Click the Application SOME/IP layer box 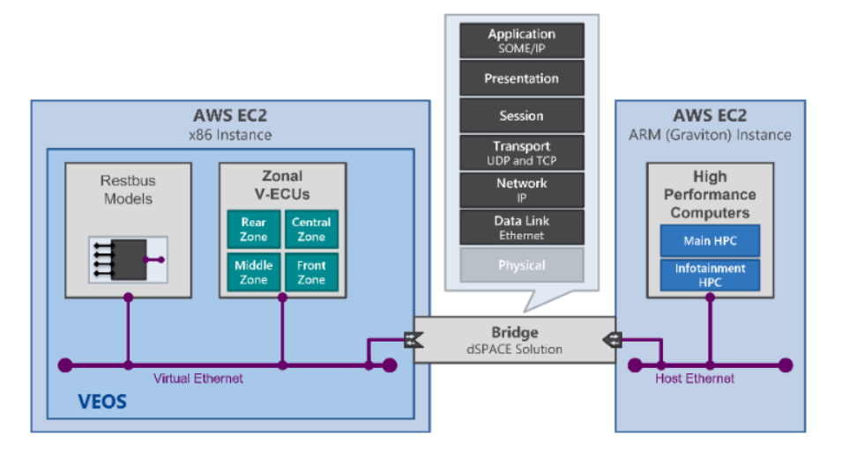click(521, 40)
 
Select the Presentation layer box click(521, 78)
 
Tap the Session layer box click(521, 115)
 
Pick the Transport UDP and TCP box click(521, 152)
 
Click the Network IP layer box click(521, 189)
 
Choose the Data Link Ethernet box click(521, 227)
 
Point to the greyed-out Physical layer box click(521, 265)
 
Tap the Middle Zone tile click(253, 272)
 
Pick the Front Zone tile click(310, 272)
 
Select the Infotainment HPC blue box click(710, 275)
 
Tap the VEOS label click(99, 402)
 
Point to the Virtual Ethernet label click(198, 379)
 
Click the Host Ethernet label click(695, 379)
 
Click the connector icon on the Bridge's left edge click(413, 339)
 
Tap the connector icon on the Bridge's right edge click(614, 339)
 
